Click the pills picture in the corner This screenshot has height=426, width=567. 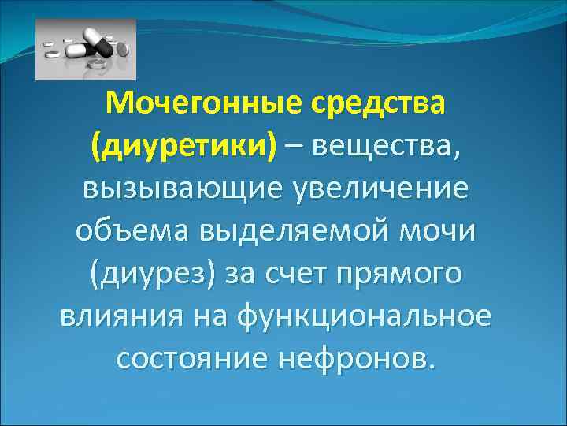tap(86, 50)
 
